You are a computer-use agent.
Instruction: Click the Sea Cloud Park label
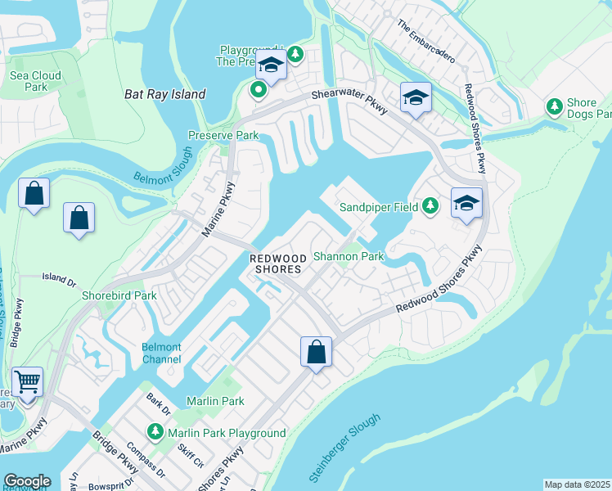pos(35,80)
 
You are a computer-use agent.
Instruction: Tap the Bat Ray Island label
pos(164,94)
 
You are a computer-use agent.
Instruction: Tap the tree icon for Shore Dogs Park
pos(555,107)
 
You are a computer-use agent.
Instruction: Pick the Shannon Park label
pos(349,256)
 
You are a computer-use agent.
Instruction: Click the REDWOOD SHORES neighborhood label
pos(277,263)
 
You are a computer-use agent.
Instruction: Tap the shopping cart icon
pos(28,381)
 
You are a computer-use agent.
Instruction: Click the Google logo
pos(27,481)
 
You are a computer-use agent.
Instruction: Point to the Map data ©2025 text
pos(577,484)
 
